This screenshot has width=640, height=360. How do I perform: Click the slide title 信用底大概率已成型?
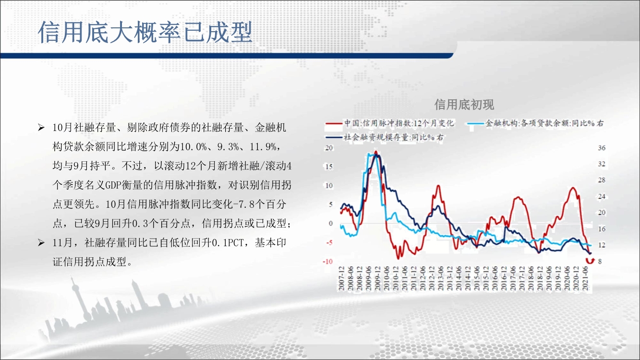tap(145, 32)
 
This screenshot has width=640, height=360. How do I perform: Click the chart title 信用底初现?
tap(464, 105)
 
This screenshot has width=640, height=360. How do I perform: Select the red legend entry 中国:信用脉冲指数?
tap(389, 123)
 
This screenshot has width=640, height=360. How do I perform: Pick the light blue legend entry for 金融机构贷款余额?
tap(536, 123)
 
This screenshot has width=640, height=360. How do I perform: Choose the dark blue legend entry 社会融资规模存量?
tap(385, 137)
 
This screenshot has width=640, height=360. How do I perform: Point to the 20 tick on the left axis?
tap(329, 148)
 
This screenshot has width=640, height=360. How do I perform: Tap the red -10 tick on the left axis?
tap(328, 262)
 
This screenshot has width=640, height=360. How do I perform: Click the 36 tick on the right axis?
tap(602, 148)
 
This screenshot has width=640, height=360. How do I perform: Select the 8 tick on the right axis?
tap(600, 262)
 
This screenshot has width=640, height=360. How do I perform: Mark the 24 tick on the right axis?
tap(602, 196)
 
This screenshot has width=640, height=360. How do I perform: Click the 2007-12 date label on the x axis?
tap(341, 278)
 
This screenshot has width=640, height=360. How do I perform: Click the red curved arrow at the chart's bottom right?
tap(590, 261)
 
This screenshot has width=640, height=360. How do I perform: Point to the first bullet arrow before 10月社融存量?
tap(41, 127)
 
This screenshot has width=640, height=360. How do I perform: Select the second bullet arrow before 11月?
tap(41, 242)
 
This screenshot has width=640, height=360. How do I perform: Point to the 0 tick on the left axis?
tap(331, 223)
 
